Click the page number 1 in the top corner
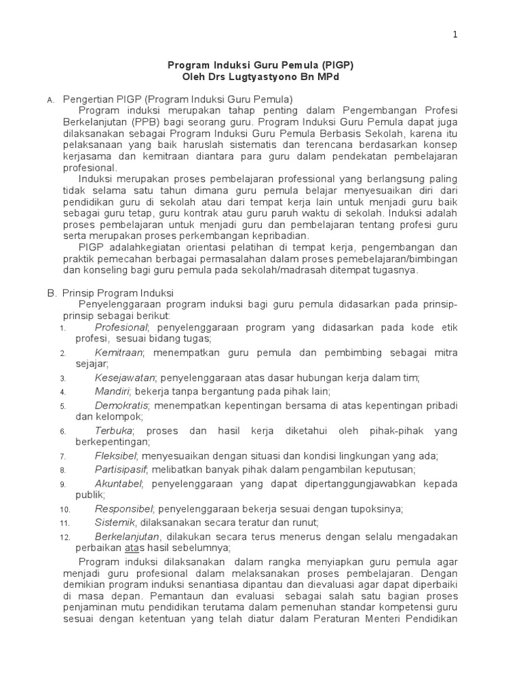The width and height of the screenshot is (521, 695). [x=455, y=35]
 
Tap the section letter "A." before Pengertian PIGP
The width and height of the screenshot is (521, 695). [x=50, y=100]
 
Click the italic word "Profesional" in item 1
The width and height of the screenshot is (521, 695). [x=121, y=328]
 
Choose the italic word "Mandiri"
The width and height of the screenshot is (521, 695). [x=113, y=392]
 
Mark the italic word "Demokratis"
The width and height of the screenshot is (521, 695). [x=122, y=405]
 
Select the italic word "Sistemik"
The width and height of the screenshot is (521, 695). [x=115, y=522]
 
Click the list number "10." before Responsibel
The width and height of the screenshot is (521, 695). [x=64, y=509]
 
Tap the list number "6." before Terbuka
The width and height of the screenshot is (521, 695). [x=62, y=432]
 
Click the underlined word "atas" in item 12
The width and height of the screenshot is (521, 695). [x=132, y=548]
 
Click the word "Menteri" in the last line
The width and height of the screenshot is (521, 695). [x=387, y=619]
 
